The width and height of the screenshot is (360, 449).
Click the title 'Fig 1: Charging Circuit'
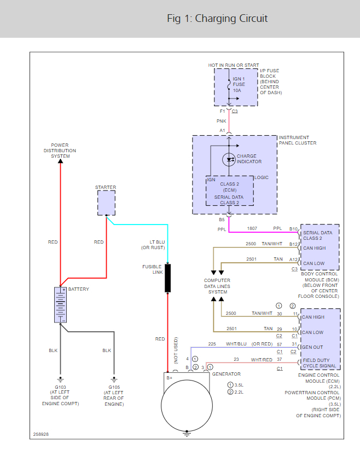pyautogui.click(x=217, y=19)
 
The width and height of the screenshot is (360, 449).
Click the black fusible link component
pyautogui.click(x=168, y=278)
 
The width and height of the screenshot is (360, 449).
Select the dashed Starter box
pyautogui.click(x=106, y=203)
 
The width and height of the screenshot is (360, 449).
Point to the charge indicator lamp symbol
pyautogui.click(x=229, y=159)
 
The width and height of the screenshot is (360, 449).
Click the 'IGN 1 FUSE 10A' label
pyautogui.click(x=239, y=84)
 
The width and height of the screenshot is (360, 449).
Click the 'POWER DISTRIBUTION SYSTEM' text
pyautogui.click(x=60, y=151)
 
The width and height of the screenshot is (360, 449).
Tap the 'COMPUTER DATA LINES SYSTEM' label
pyautogui.click(x=217, y=286)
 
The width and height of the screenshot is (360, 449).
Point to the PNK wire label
pyautogui.click(x=221, y=120)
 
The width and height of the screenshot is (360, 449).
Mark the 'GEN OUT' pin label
pyautogui.click(x=313, y=347)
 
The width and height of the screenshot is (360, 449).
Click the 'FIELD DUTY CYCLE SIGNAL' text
pyautogui.click(x=320, y=363)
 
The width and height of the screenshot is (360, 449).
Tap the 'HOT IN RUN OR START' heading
pyautogui.click(x=234, y=65)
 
